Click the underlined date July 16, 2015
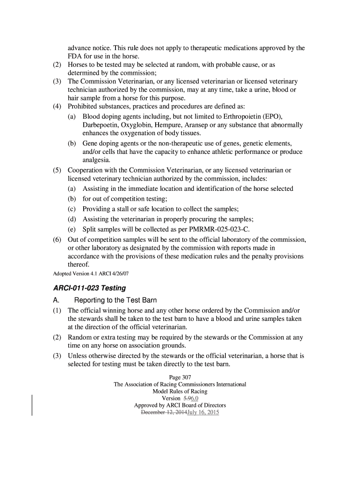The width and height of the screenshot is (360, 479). (202, 413)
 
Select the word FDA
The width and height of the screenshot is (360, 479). (75, 57)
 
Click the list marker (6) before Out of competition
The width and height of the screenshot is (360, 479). (57, 239)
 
